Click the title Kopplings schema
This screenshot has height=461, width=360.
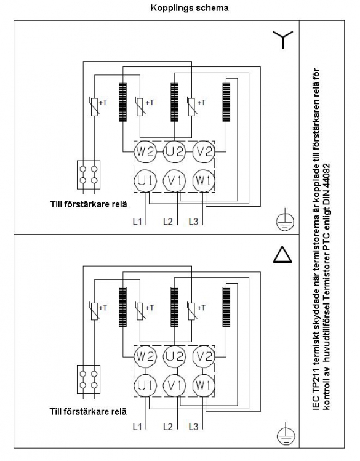[x=190, y=7]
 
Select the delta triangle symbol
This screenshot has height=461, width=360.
[x=282, y=255]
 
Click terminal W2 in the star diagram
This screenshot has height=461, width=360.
[x=145, y=151]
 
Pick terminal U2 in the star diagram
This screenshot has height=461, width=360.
[x=175, y=151]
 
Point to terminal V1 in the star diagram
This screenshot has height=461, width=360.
[x=175, y=180]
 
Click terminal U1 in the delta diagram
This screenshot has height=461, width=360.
[x=145, y=385]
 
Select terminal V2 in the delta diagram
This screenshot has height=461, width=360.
[x=204, y=356]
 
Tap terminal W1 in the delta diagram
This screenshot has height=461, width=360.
[x=204, y=385]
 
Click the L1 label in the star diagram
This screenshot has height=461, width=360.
[x=137, y=222]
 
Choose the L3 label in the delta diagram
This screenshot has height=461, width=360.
[x=193, y=426]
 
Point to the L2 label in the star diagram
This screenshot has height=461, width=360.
[x=168, y=222]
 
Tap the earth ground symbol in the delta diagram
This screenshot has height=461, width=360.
[x=286, y=434]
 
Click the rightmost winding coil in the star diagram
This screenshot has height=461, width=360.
[x=226, y=102]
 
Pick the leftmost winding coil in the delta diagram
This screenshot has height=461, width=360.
[x=122, y=307]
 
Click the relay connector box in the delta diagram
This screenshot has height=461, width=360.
[x=89, y=379]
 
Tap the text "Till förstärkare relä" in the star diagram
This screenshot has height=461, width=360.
[x=89, y=204]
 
